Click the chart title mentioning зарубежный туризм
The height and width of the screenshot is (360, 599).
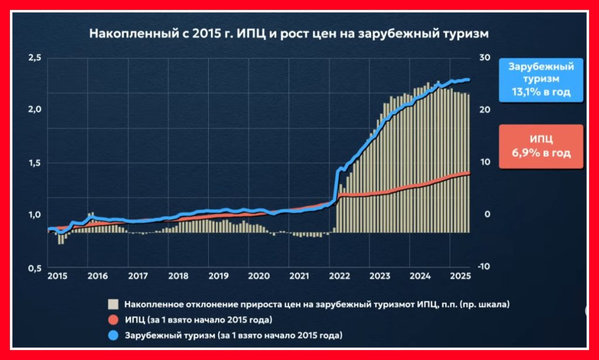288,33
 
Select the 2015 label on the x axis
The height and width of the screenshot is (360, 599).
57,276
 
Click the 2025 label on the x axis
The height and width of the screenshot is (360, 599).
460,276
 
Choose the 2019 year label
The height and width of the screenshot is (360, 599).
218,276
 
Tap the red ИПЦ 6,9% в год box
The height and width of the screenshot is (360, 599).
541,146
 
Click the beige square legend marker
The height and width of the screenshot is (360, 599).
113,304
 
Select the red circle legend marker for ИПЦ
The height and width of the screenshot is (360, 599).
113,320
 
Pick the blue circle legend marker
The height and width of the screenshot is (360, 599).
113,336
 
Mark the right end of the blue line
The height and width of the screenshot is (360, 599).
469,80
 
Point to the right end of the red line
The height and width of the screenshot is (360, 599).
469,173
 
